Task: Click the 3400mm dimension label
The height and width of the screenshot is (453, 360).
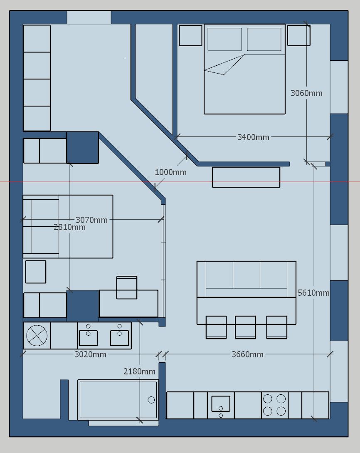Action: (x=253, y=137)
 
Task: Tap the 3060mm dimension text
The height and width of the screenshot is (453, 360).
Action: (x=306, y=93)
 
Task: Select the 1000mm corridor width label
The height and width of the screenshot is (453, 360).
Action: (x=170, y=173)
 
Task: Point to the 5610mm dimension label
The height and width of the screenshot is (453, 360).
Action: (x=313, y=293)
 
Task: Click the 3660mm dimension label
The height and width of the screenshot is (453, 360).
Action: (x=247, y=354)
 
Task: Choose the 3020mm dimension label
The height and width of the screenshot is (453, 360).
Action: (x=90, y=354)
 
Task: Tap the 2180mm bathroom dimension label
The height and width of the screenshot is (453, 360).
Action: (x=139, y=371)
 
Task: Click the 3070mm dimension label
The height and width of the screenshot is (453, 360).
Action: (x=91, y=220)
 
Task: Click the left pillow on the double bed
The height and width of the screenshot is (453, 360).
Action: (x=224, y=39)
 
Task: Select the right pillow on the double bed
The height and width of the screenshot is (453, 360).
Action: (x=264, y=39)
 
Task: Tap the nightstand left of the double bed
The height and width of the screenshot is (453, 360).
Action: (x=190, y=35)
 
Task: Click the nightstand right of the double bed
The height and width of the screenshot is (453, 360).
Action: (x=299, y=35)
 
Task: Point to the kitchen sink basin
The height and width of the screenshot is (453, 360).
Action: (x=221, y=403)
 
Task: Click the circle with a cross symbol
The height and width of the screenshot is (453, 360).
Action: (x=37, y=336)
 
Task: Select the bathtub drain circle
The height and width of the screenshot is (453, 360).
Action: (x=151, y=400)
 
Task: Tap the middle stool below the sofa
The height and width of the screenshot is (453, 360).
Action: (x=245, y=327)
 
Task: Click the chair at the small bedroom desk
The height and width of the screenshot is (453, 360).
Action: (x=127, y=287)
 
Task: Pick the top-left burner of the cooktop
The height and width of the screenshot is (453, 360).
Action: (x=268, y=399)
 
